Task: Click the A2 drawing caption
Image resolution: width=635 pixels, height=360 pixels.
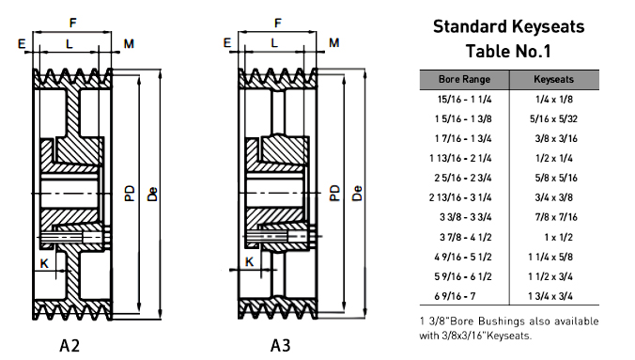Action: [x=70, y=346]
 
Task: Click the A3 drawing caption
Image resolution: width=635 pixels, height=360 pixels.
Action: [x=280, y=346]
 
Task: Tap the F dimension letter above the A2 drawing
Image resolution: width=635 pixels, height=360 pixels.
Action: [x=73, y=23]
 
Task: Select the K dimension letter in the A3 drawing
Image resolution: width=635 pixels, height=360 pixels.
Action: [x=250, y=262]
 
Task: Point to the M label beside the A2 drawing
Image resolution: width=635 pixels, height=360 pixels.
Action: [x=129, y=43]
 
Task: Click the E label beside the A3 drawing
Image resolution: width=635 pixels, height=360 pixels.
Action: [x=226, y=42]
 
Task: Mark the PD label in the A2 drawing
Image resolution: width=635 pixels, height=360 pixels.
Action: [x=130, y=193]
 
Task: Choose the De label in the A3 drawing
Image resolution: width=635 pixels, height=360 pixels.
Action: [x=357, y=193]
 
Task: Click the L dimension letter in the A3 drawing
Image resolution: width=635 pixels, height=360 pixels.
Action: [x=274, y=42]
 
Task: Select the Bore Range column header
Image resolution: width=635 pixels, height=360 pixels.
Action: [x=464, y=80]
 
